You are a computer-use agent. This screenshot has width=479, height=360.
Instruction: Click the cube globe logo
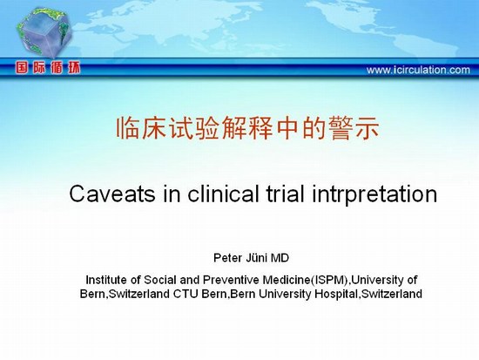[44, 32]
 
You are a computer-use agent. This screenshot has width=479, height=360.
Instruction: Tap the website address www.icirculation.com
[418, 70]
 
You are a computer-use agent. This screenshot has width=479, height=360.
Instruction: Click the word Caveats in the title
[112, 194]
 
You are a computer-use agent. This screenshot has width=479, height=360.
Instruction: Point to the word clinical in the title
[224, 194]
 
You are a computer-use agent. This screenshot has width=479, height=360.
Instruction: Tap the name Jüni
[257, 258]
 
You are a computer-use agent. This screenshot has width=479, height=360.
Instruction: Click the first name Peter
[227, 258]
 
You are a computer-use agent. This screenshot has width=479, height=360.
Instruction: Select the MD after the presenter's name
[280, 258]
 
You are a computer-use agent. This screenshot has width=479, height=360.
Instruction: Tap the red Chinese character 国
[22, 68]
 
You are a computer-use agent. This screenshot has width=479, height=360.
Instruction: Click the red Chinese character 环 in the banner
[74, 68]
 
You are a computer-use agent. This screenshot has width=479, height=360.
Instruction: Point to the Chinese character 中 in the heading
[287, 128]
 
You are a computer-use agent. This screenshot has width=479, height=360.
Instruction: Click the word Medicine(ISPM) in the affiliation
[307, 280]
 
